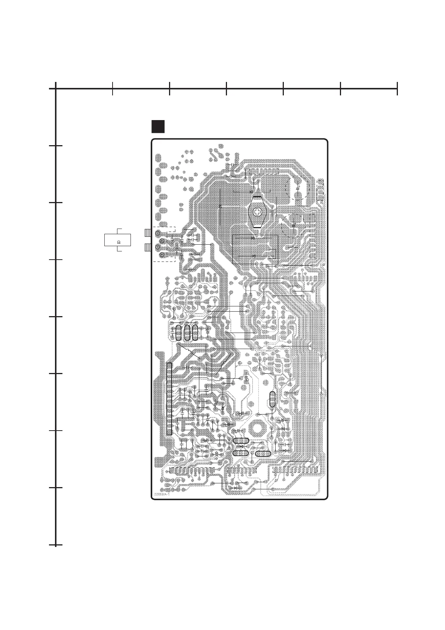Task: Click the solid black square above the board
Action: coord(158,126)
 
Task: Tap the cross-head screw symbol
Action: coord(257,212)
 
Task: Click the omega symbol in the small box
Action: coord(119,242)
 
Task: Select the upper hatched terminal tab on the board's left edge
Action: coord(147,233)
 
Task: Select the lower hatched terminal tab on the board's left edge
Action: coord(147,248)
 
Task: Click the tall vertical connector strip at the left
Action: coord(169,398)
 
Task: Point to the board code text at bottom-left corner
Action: coord(162,495)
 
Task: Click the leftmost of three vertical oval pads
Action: coord(178,333)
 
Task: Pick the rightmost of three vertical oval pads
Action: coord(195,333)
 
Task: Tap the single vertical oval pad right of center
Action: coord(272,399)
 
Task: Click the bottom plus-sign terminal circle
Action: coord(162,255)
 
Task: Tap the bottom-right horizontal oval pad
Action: coord(263,454)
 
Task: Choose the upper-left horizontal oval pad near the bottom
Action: coord(241,441)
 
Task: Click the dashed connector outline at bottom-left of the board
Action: coord(191,470)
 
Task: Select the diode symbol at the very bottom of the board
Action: coord(236,488)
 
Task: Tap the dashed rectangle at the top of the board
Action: coord(262,171)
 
